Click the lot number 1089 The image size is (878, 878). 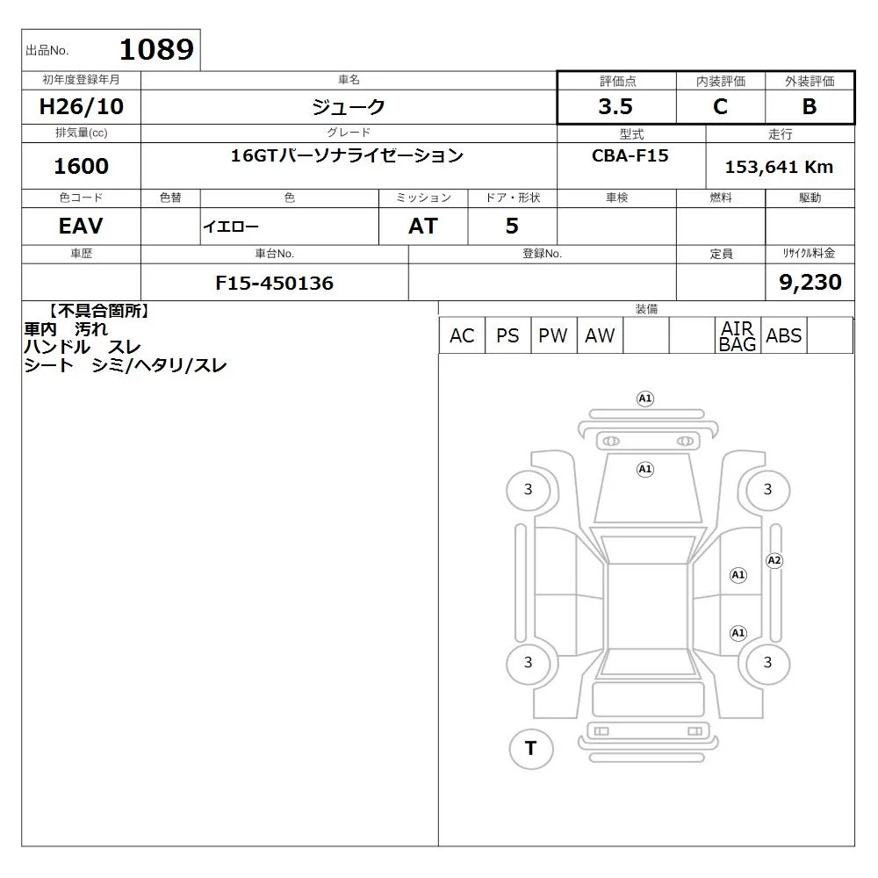157,49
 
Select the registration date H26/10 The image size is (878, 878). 81,106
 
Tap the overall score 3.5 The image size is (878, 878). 615,106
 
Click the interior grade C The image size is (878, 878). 720,106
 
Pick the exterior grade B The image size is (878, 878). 810,106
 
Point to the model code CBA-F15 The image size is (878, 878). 630,155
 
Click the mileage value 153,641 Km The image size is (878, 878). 779,167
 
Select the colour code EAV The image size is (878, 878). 81,226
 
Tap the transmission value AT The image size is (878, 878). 423,226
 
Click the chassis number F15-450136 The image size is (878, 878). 274,283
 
